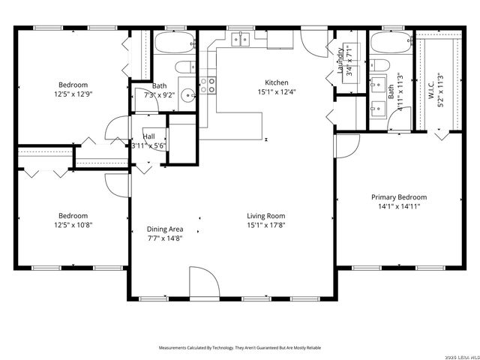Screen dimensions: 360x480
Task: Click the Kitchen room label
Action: (276, 82)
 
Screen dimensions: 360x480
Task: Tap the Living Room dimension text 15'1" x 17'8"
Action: (266, 224)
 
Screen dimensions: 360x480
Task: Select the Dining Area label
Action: (165, 229)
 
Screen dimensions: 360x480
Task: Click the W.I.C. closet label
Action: (431, 88)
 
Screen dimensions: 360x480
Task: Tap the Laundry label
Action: (340, 61)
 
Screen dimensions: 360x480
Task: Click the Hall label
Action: (148, 136)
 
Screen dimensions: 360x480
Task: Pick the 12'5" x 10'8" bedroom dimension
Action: (73, 224)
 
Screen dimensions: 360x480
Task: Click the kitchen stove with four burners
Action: (208, 85)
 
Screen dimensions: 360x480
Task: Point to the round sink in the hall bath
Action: (187, 94)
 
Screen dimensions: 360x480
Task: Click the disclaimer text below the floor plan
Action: (239, 348)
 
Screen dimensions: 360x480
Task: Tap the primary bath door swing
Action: (346, 145)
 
